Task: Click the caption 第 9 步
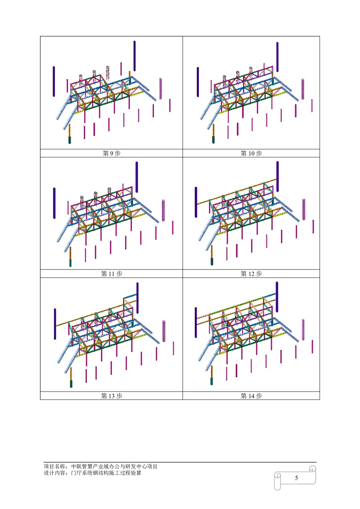click(x=112, y=153)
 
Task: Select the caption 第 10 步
click(x=251, y=153)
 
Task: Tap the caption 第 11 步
click(x=112, y=274)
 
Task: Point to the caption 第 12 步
click(x=251, y=274)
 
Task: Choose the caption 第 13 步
click(x=112, y=396)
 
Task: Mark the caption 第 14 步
click(x=251, y=396)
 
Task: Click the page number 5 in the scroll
click(x=296, y=478)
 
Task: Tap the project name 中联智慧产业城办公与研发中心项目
click(x=114, y=466)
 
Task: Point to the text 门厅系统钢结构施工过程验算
click(x=106, y=473)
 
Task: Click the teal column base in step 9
click(x=69, y=140)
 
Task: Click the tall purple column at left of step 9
click(x=54, y=81)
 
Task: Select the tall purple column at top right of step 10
click(x=277, y=57)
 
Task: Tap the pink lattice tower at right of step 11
click(x=163, y=211)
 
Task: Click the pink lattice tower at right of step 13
click(x=164, y=331)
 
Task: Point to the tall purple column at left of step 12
click(x=196, y=202)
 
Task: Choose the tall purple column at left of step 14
click(x=196, y=322)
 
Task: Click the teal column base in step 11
click(x=70, y=263)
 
